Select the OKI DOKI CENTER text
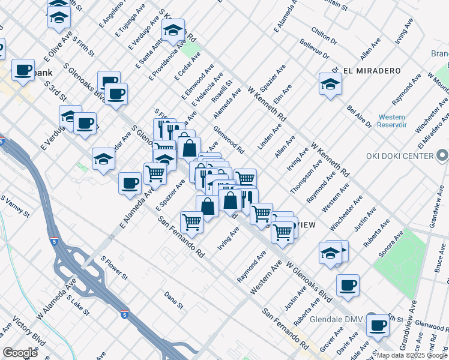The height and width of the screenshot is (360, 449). pyautogui.click(x=400, y=156)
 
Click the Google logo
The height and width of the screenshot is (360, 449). pyautogui.click(x=20, y=352)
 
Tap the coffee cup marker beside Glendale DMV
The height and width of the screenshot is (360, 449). pyautogui.click(x=378, y=325)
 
